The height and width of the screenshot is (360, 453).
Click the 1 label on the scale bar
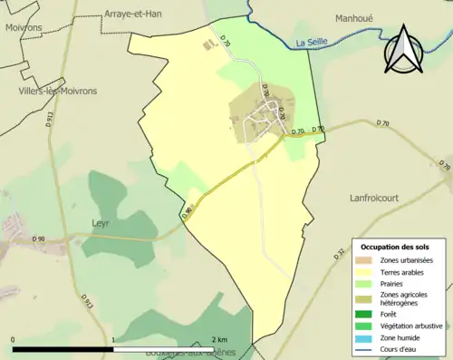coord(113,339)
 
